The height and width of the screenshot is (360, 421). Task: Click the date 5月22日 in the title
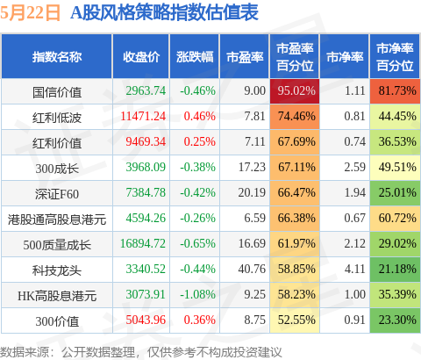[x=31, y=13]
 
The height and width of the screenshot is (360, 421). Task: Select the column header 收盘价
[x=141, y=57]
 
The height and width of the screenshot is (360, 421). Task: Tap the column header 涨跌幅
[x=195, y=57]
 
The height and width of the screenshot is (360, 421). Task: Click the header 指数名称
[x=57, y=57]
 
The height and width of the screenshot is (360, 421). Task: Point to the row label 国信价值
[x=57, y=92]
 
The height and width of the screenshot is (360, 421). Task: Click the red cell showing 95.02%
[x=295, y=90]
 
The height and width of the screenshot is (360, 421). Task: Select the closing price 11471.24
[x=143, y=116]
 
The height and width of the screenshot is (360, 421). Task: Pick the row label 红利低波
[x=57, y=118]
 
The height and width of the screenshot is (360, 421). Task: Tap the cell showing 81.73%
[x=395, y=90]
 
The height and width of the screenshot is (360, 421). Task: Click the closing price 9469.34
[x=146, y=141]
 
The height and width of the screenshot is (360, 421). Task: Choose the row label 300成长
[x=57, y=169]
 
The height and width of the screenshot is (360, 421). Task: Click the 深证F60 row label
[x=57, y=194]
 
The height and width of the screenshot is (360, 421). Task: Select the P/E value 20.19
[x=252, y=192]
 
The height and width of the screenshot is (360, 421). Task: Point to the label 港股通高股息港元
[x=57, y=220]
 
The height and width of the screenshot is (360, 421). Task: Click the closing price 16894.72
[x=143, y=243]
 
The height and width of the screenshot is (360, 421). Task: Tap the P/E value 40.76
[x=252, y=269]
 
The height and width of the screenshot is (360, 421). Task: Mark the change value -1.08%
[x=197, y=294]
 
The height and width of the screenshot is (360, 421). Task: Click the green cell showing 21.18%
[x=395, y=270]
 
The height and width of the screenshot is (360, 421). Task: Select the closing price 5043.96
[x=146, y=320]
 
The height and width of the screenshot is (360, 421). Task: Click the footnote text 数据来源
[x=25, y=352]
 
